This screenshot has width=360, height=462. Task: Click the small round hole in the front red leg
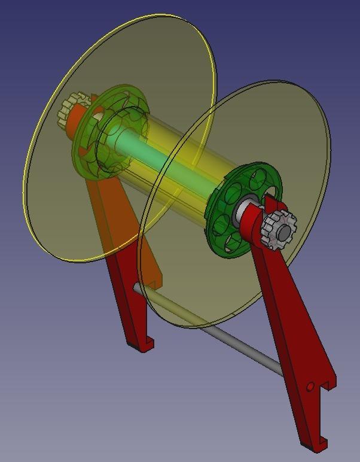[310, 387]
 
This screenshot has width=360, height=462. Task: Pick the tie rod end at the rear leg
[137, 288]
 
